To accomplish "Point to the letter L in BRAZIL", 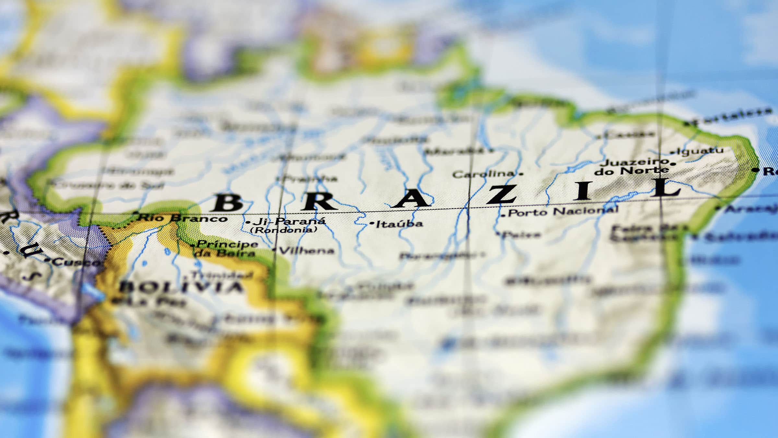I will (x=666, y=189).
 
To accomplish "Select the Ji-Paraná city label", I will (x=289, y=222).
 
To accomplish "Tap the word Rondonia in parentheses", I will (x=284, y=230).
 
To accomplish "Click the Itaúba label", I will (x=399, y=224).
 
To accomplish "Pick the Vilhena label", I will (x=306, y=250).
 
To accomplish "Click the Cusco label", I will (x=77, y=262).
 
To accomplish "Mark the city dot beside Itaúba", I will (x=372, y=224).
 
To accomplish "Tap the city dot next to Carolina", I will (x=521, y=174).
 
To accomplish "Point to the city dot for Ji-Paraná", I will (x=248, y=223).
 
